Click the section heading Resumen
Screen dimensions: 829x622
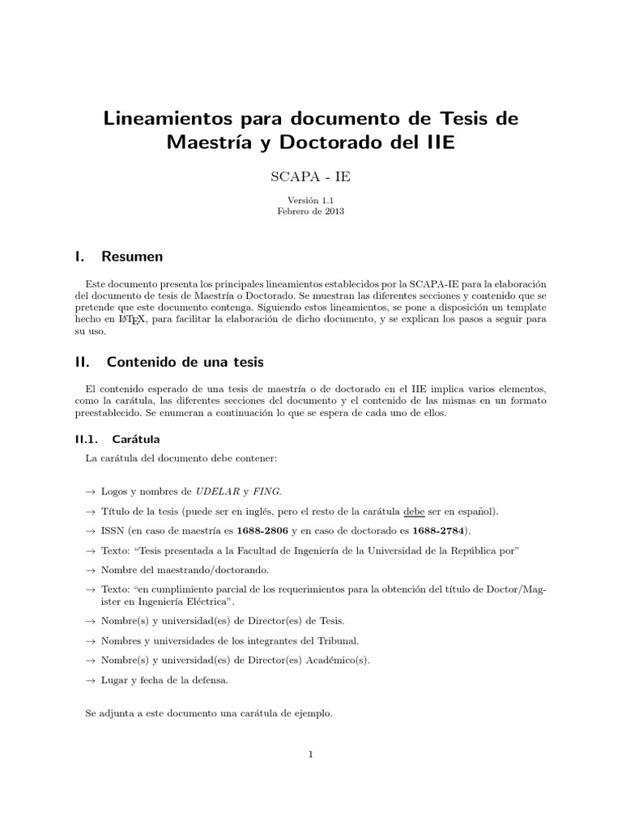(132, 257)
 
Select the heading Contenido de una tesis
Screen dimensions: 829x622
(185, 361)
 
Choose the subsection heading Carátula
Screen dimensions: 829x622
(136, 440)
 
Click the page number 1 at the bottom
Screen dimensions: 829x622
(310, 755)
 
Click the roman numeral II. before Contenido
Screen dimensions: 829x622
(79, 361)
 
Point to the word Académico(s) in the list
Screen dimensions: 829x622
(336, 661)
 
